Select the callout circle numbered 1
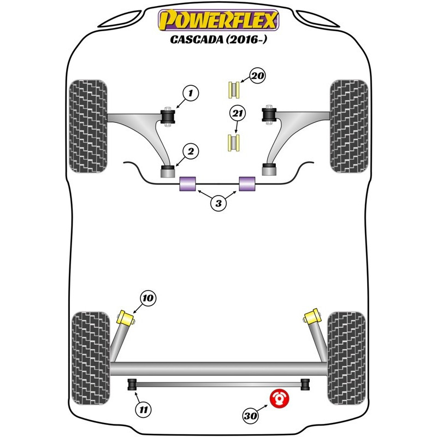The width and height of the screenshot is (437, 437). (x=190, y=94)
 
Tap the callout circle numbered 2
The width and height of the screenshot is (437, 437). (x=191, y=152)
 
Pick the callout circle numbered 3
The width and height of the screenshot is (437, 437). (x=218, y=204)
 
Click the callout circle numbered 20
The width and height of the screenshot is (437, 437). (x=257, y=76)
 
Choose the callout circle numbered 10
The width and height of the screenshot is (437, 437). (x=147, y=298)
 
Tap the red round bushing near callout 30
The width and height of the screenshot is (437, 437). (x=280, y=398)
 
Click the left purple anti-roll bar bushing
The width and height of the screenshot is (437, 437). (x=188, y=184)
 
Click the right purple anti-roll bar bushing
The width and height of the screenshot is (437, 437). (x=247, y=184)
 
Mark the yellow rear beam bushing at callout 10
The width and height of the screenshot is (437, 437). (x=128, y=317)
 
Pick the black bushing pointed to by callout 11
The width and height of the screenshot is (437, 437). (x=132, y=385)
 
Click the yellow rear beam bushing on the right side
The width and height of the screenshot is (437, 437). (x=312, y=316)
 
